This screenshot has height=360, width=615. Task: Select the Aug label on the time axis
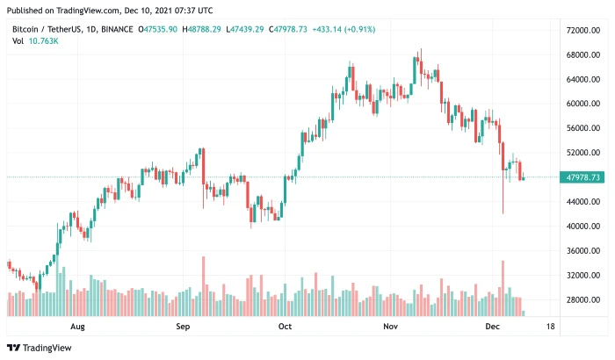77,326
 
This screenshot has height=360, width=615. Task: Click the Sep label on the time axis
183,326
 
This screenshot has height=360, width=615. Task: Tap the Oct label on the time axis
285,326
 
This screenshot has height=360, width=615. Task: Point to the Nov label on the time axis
391,326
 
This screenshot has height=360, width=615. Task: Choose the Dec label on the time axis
493,326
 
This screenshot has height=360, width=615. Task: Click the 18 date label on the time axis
550,326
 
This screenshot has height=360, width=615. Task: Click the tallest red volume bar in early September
203,286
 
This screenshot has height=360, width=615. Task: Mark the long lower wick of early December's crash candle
503,198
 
